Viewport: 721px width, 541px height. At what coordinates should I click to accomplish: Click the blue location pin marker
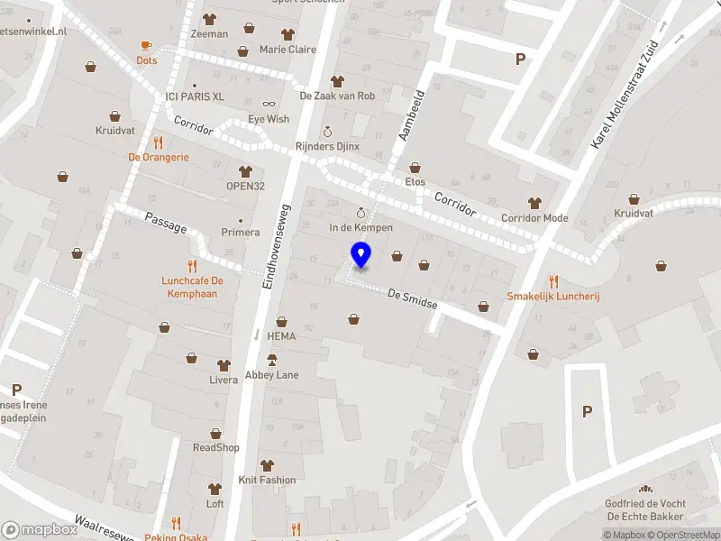pos(360,255)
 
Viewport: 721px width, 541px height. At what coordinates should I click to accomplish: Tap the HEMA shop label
pos(281,335)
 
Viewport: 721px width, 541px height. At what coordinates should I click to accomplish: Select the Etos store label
pos(415,181)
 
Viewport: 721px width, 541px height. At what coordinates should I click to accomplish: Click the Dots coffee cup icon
pos(146,45)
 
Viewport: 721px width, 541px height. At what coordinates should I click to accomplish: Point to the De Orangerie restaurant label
pos(159,156)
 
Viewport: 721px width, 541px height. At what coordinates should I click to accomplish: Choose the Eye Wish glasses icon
pos(269,104)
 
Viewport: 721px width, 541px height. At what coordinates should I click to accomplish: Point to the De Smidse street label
pos(412,299)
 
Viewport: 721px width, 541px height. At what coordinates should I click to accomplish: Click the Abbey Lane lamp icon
pos(271,360)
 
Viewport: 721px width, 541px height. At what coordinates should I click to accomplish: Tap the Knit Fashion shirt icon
pos(266,465)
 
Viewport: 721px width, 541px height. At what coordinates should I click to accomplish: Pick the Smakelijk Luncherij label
pos(553,296)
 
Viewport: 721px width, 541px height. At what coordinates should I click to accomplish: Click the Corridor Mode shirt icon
pos(534,203)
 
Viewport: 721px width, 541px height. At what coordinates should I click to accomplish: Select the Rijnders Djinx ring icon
pos(327,131)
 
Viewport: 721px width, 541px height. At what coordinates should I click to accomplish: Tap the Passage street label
pos(165,223)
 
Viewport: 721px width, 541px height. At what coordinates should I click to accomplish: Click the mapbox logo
pos(40,530)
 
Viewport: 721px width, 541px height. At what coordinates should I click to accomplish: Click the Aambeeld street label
pos(412,116)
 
